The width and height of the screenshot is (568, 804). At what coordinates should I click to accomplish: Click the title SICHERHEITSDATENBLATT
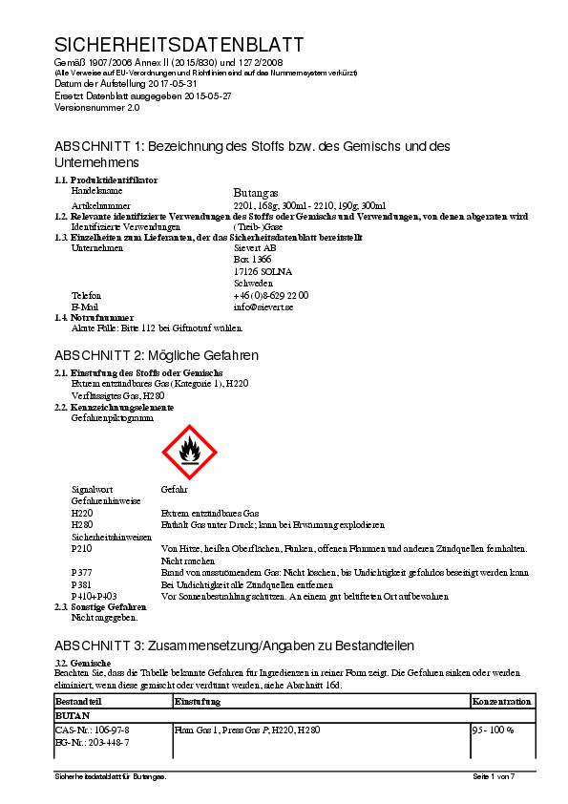coord(179,45)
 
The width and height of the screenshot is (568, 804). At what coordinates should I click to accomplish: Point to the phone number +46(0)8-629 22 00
coord(270,295)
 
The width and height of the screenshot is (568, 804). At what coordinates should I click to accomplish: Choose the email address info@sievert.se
coord(263,307)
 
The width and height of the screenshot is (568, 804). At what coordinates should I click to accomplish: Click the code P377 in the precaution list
coord(82,572)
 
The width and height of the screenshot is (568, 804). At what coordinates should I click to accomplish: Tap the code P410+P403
coord(94,595)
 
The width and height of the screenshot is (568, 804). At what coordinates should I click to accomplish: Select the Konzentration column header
coord(501,702)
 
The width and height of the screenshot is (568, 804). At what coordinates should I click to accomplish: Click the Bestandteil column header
coord(79,702)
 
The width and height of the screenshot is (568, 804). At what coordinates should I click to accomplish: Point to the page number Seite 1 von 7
coord(493,777)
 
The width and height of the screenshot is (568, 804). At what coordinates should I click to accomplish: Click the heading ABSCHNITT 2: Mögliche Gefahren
coord(157,355)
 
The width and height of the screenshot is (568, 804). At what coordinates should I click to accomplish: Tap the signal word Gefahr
coord(175,489)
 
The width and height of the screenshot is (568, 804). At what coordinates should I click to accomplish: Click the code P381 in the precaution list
coord(82,583)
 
